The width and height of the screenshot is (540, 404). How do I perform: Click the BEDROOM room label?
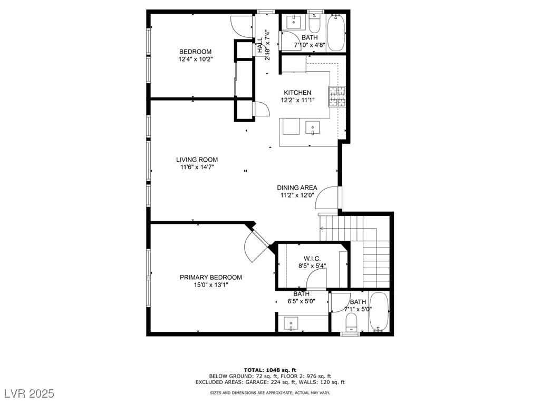coord(195,52)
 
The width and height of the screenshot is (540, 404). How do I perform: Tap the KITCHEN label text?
coord(297,93)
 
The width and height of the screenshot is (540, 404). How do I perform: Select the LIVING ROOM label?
coord(197,160)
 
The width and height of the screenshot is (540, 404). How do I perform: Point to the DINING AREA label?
coord(297,188)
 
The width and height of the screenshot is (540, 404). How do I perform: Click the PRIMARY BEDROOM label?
coord(211,278)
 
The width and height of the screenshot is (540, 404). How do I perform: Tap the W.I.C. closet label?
coord(312,259)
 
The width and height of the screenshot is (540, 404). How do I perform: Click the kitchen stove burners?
coord(337,96)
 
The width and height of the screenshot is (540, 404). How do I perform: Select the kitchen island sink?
coord(312,127)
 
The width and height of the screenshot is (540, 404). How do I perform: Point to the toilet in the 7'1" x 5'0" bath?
coord(351,323)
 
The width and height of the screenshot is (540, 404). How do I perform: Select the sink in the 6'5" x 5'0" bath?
coord(291,324)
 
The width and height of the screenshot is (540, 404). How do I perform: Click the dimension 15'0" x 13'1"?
coord(211,285)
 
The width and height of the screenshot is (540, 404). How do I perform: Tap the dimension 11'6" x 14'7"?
coord(197,167)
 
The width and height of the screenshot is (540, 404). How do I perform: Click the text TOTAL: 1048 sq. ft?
coord(270,370)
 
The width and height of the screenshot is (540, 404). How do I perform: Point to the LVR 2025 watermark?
coord(30,393)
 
